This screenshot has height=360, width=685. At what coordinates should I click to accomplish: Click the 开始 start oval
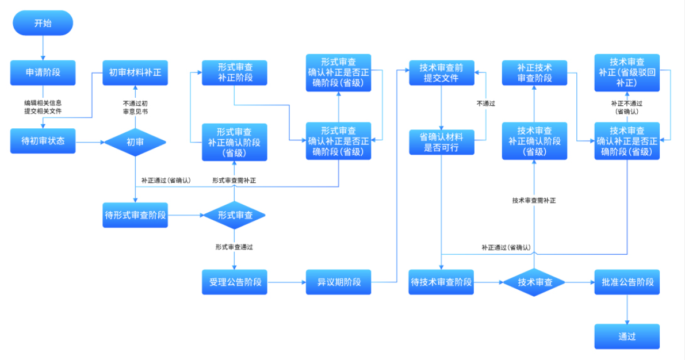click(x=43, y=23)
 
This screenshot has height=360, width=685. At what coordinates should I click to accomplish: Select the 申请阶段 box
click(x=43, y=72)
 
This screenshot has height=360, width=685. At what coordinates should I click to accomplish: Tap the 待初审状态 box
click(x=43, y=141)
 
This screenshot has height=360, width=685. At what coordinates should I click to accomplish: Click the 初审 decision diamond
click(x=135, y=142)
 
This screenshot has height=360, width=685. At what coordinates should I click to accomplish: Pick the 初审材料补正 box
click(x=135, y=72)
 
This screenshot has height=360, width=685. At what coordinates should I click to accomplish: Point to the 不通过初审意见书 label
click(x=135, y=108)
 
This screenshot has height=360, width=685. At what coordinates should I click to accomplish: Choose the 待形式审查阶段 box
click(x=135, y=215)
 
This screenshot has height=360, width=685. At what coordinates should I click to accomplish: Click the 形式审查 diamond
click(x=235, y=215)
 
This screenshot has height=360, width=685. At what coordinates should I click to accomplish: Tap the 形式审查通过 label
click(x=234, y=247)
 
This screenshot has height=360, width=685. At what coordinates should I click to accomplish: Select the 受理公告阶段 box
click(x=235, y=282)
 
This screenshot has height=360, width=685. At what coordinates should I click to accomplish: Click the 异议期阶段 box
click(x=339, y=282)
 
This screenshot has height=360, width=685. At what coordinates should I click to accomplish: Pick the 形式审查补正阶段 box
click(x=235, y=72)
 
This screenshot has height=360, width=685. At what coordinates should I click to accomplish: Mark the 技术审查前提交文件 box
click(x=442, y=72)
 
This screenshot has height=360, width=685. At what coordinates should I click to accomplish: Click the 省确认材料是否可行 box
click(x=442, y=142)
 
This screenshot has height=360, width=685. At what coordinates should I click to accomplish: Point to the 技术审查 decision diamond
click(x=534, y=282)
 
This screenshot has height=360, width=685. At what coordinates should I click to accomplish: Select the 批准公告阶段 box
click(x=627, y=282)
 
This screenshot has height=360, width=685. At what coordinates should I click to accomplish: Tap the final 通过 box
click(x=627, y=336)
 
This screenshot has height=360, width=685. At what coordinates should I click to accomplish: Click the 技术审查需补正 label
click(x=534, y=201)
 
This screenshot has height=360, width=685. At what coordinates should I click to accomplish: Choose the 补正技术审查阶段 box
click(x=535, y=72)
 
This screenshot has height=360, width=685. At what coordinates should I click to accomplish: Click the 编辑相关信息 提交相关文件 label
click(x=43, y=107)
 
